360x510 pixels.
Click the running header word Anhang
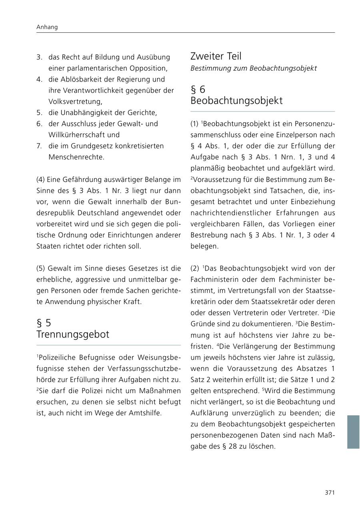(47, 27)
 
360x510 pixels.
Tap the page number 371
(329, 492)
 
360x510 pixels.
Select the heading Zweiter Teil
(216, 56)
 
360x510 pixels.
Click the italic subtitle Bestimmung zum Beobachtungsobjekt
(253, 68)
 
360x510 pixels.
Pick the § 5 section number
(44, 323)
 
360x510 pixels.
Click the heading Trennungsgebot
(72, 335)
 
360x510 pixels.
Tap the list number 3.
(39, 57)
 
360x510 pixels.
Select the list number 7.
(39, 146)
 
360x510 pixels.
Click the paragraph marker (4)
(41, 179)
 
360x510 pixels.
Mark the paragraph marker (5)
(41, 268)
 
